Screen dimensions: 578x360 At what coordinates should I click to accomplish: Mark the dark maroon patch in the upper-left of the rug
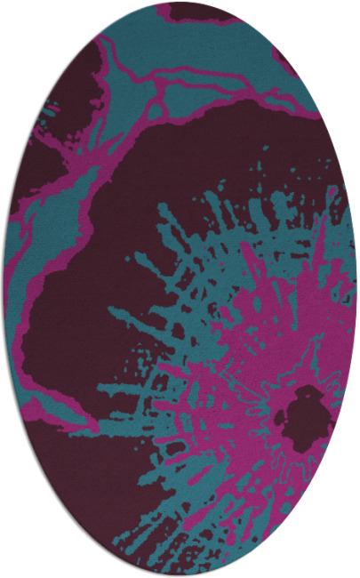tap(62, 98)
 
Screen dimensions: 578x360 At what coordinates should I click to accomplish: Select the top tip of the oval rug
tap(180, 3)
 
